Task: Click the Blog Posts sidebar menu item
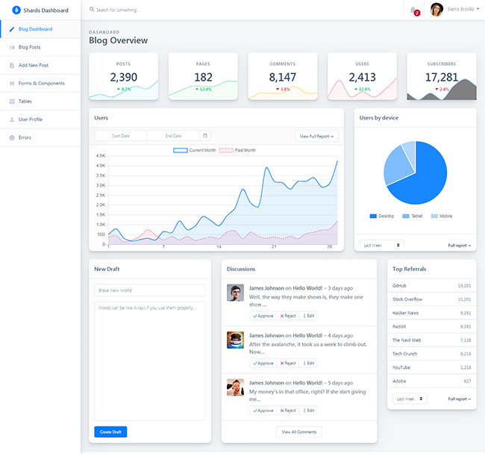[x=29, y=47]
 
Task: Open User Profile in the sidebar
[x=30, y=119]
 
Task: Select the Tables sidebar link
[x=25, y=101]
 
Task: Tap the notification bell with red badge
[x=414, y=10]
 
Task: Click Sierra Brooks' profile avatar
[x=436, y=10]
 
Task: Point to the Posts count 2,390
[x=123, y=77]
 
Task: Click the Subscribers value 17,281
[x=441, y=77]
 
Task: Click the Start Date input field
[x=120, y=136]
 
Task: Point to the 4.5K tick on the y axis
[x=101, y=156]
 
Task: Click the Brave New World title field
[x=150, y=290]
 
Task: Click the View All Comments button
[x=299, y=432]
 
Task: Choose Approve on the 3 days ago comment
[x=263, y=316]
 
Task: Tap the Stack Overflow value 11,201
[x=464, y=299]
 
